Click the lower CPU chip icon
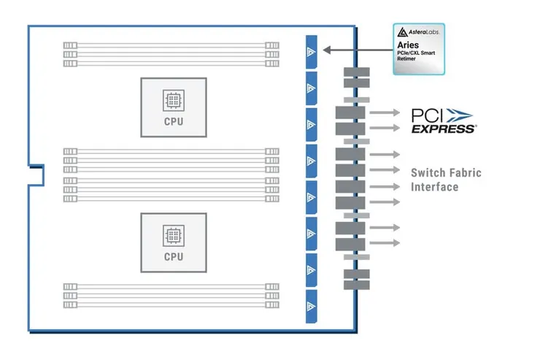click(x=174, y=235)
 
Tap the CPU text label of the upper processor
click(x=174, y=121)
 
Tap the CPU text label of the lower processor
click(x=174, y=256)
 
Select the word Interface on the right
click(x=434, y=187)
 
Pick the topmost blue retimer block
click(x=312, y=50)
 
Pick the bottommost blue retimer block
click(x=312, y=306)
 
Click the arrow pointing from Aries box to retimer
click(x=358, y=50)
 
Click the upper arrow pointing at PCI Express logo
click(x=385, y=113)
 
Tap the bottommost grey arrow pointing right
click(x=385, y=242)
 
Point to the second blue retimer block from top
click(x=312, y=88)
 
